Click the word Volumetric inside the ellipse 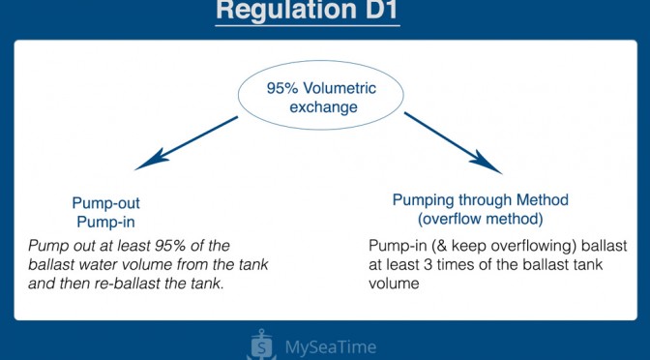(x=340, y=88)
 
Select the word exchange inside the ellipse (x=323, y=107)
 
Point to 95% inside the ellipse (x=282, y=88)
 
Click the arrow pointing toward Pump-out (x=187, y=143)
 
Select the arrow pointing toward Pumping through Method (x=453, y=143)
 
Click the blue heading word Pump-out (x=106, y=203)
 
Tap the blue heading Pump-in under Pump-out (x=106, y=222)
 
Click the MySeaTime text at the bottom (x=331, y=347)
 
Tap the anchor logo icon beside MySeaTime (x=261, y=345)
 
